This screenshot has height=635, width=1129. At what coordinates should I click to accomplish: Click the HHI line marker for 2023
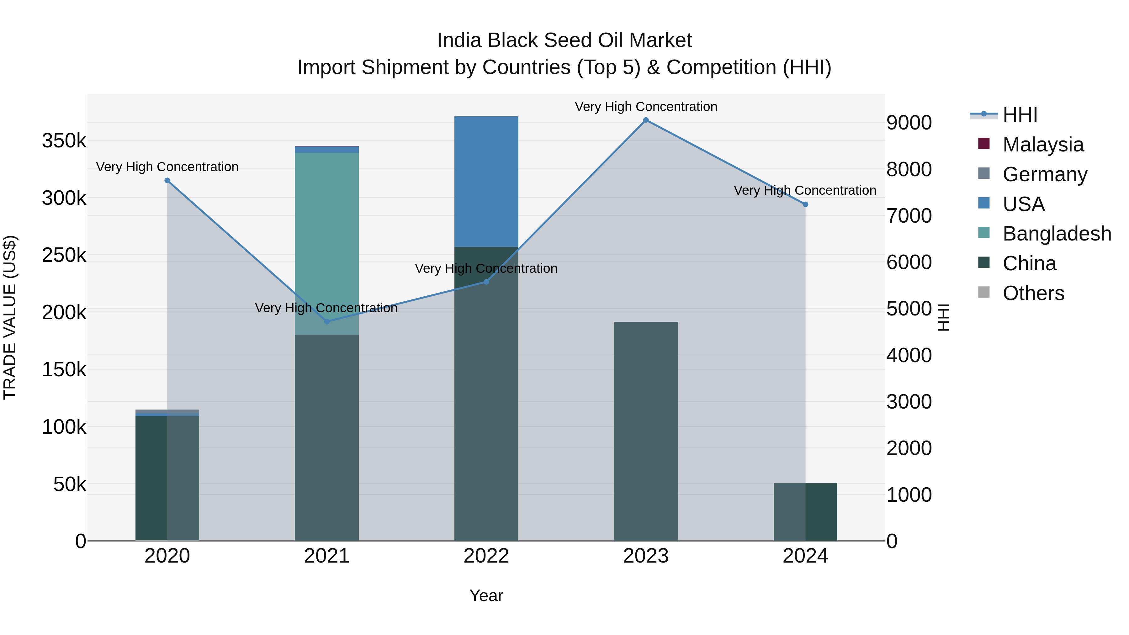(646, 120)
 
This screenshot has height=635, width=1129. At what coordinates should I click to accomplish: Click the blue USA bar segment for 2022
(486, 182)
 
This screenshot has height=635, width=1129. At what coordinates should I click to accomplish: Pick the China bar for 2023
(646, 431)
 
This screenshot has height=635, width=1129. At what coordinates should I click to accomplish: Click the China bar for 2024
(805, 512)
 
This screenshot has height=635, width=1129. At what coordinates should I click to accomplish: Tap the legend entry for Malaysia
(1043, 145)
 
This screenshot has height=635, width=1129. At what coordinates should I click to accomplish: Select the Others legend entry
(1033, 293)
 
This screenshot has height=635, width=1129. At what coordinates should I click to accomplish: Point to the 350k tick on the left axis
(64, 141)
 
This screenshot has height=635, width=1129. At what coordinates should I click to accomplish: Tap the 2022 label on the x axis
(486, 556)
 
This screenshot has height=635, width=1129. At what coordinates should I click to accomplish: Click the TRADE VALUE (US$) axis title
(10, 317)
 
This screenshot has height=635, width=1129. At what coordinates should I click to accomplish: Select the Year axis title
(486, 595)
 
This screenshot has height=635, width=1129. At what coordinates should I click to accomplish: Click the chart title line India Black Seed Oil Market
(564, 40)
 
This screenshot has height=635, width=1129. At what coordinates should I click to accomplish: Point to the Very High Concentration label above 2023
(646, 107)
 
